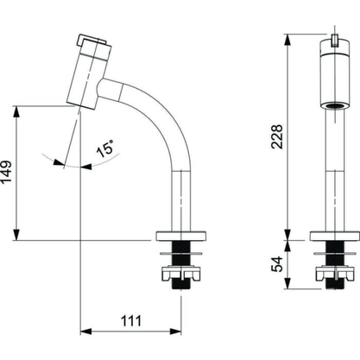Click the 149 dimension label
6,172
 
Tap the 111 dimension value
131,321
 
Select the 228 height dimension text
277,136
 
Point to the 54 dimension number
277,264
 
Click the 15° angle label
105,148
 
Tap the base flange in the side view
181,236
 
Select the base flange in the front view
335,236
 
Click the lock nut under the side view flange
181,274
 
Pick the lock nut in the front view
335,274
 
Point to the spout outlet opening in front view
335,105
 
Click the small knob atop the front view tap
335,41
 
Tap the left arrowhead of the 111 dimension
85,332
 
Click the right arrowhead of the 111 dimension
175,332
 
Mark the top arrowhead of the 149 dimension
16,111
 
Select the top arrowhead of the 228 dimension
287,41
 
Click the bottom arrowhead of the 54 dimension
287,283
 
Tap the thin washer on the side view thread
181,254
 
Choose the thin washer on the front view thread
335,254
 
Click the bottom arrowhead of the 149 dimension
16,234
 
